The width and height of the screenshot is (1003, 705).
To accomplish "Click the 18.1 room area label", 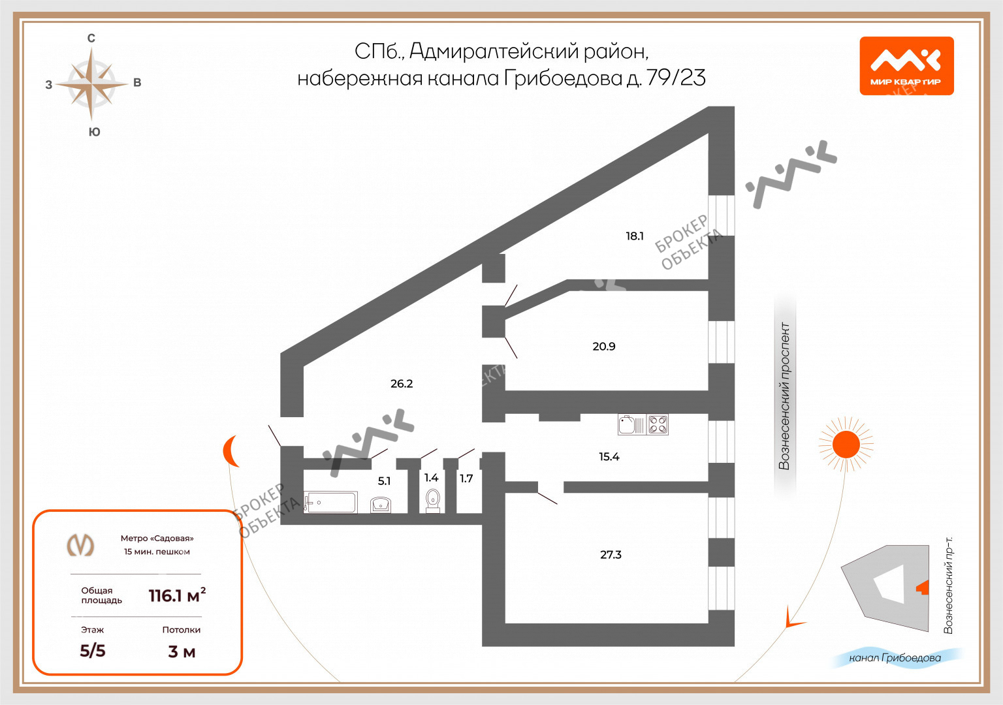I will point(635,236).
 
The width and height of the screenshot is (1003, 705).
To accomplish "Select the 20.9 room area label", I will point(603,346).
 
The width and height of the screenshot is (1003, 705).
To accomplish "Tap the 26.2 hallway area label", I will point(402,383).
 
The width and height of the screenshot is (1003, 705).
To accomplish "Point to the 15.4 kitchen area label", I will point(609,456).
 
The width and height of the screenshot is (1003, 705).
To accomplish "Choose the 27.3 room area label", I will point(611,554).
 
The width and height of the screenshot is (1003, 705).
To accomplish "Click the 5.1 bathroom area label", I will point(384,480).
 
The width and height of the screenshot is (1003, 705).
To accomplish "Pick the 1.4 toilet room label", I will point(431,477).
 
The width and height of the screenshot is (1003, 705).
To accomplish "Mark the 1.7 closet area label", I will point(466,478).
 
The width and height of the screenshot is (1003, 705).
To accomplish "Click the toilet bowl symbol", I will point(432,500).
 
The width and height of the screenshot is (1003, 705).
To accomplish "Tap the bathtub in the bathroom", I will point(330,502).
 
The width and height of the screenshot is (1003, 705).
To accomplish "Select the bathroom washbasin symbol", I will point(381,504).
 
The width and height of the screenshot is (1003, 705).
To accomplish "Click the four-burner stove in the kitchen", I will point(658,425).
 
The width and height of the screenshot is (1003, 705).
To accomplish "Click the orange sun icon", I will point(846,445).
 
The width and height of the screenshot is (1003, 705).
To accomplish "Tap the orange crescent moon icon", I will point(231,451).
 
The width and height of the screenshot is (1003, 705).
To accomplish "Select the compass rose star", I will point(91,84).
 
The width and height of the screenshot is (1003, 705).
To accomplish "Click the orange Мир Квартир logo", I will point(906,66).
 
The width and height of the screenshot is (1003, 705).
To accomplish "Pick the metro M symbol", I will point(81,544).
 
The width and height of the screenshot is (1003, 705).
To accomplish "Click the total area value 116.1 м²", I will point(177,595).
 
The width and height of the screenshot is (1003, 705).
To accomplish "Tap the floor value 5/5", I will point(93,650).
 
